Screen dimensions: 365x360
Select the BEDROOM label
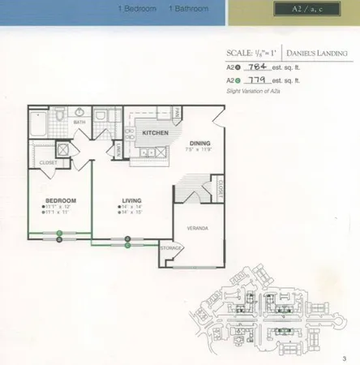coord(60,200)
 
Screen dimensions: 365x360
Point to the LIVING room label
coord(132,200)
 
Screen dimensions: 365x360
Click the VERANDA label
coord(199,228)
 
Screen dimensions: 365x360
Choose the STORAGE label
coord(169,247)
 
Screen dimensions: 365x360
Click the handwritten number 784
coord(264,71)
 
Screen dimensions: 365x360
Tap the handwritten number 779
coord(264,82)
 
